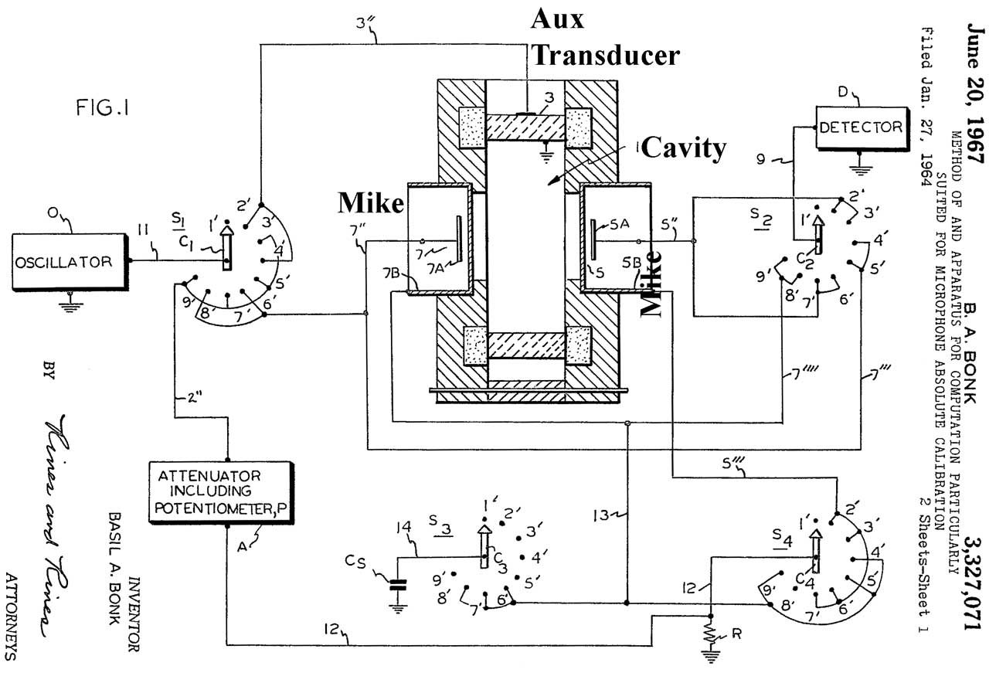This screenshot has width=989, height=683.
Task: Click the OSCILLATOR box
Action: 70,261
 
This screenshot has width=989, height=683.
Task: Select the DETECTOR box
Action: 862,127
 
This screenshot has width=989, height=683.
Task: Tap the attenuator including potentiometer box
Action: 221,490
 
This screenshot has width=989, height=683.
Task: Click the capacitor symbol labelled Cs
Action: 398,587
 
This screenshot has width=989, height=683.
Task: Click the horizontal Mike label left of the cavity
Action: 370,204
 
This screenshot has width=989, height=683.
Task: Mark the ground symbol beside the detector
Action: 860,164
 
